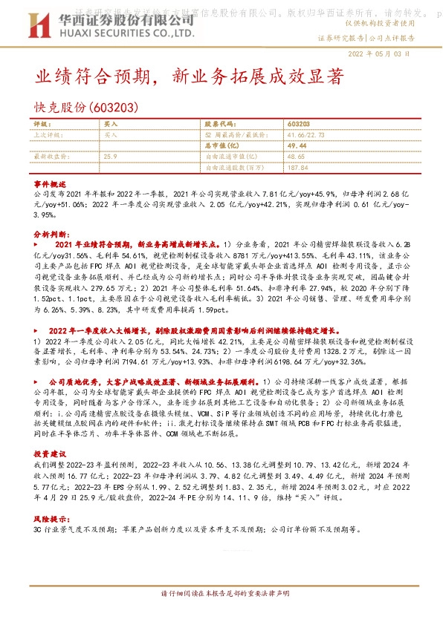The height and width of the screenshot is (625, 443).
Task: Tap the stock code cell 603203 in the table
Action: click(299, 125)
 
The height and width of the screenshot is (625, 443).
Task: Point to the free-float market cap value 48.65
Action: click(296, 157)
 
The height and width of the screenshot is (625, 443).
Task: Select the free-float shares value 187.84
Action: click(298, 168)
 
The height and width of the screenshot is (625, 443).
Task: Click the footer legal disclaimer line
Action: click(221, 615)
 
